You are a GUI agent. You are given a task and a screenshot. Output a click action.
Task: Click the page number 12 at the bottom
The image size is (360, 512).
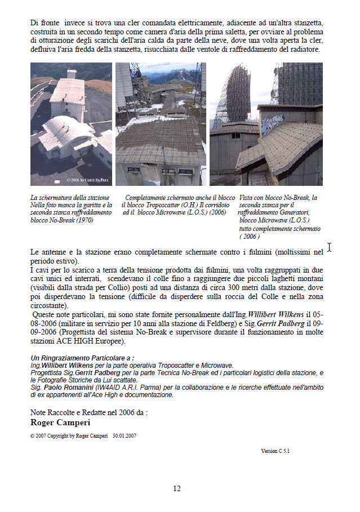click(x=177, y=488)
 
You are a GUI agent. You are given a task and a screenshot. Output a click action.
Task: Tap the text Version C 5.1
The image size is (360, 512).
click(x=275, y=451)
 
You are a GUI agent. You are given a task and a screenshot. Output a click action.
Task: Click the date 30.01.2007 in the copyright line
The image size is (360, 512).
click(x=124, y=435)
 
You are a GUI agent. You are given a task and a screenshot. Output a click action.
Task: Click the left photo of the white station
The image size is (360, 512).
click(x=71, y=124)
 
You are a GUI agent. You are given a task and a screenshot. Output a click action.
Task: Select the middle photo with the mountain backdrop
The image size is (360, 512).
click(x=161, y=124)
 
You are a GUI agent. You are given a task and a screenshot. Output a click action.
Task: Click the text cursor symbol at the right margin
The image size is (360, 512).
click(x=330, y=247)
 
